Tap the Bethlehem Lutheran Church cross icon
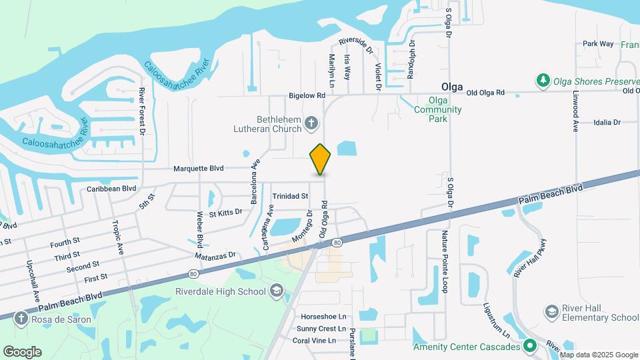[x=311, y=123]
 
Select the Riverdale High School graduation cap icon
[x=276, y=291]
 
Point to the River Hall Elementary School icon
[x=551, y=312]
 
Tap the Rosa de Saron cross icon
[x=21, y=319]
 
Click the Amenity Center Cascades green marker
[x=530, y=346]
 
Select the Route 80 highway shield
[x=337, y=242]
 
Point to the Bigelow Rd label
[x=307, y=95]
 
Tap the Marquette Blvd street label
[x=198, y=169]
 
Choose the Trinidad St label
[x=290, y=196]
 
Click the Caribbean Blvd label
[x=111, y=189]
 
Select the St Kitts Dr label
[x=225, y=213]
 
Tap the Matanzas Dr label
[x=215, y=255]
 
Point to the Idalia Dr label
[x=607, y=122]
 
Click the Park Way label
[x=598, y=43]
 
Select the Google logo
[x=22, y=351]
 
